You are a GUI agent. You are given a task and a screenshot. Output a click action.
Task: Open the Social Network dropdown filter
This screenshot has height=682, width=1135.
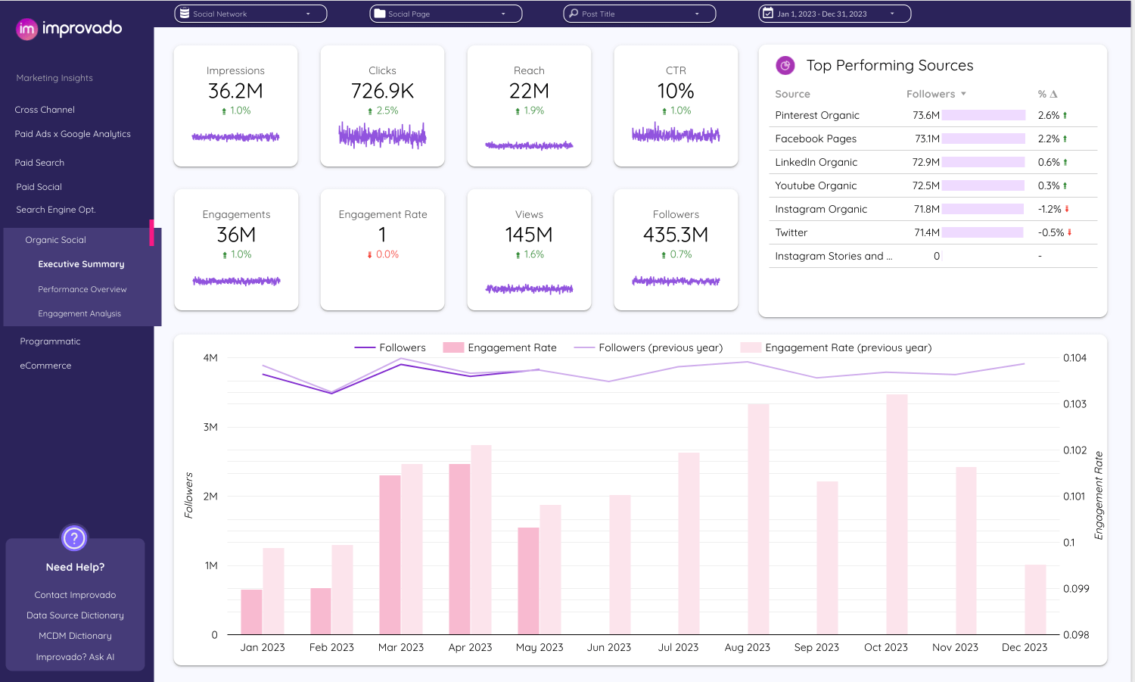click(x=250, y=14)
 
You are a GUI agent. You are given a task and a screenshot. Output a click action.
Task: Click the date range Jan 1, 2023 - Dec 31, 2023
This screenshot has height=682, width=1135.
click(x=834, y=14)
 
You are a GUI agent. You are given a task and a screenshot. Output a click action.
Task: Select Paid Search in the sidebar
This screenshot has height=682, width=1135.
click(x=39, y=163)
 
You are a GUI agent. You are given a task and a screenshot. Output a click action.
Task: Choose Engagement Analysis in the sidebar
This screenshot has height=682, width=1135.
click(x=79, y=313)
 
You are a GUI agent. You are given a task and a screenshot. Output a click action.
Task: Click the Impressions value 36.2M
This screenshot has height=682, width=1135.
click(x=235, y=92)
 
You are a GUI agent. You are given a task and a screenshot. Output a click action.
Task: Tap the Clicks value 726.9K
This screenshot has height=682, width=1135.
click(x=382, y=92)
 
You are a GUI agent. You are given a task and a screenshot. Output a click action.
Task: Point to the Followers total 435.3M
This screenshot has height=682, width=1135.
click(x=676, y=235)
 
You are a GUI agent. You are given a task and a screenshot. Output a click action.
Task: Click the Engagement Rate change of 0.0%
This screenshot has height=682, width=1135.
click(x=383, y=255)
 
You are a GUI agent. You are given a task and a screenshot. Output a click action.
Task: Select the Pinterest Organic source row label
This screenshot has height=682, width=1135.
click(x=817, y=116)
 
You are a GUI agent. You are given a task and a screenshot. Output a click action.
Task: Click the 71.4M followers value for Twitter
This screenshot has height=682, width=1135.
click(x=926, y=233)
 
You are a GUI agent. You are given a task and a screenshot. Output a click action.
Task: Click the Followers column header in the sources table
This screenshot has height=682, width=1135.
click(x=931, y=95)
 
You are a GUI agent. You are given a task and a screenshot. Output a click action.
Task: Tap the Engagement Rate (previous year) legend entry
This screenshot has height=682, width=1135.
click(x=847, y=348)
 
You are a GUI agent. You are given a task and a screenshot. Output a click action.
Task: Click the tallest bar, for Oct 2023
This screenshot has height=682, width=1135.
click(x=897, y=514)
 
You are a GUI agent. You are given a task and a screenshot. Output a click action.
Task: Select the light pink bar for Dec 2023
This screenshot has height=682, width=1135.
click(x=1035, y=599)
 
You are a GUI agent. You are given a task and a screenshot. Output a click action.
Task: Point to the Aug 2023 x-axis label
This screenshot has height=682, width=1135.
click(x=747, y=648)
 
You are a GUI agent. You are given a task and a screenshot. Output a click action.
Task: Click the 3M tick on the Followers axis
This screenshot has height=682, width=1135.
click(x=210, y=428)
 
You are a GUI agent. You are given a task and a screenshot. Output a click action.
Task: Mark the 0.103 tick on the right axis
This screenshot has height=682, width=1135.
click(x=1074, y=404)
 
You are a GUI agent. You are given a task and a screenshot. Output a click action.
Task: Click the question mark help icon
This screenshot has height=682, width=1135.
click(x=74, y=539)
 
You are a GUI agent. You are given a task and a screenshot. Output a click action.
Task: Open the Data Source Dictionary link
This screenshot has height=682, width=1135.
click(x=75, y=616)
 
